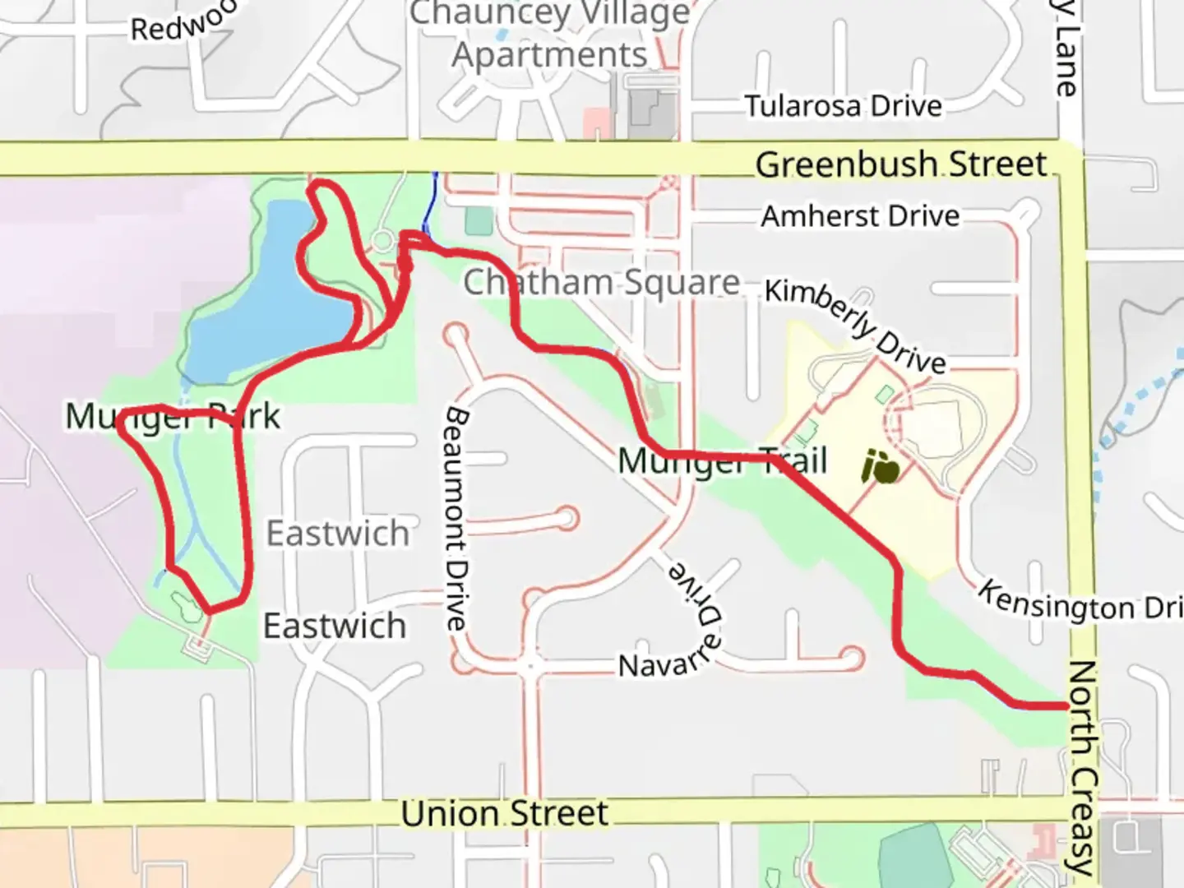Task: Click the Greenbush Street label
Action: (x=900, y=164)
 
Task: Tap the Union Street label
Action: (x=504, y=814)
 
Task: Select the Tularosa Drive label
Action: (x=843, y=106)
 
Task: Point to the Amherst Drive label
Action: (x=860, y=216)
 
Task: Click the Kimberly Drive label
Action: (x=855, y=326)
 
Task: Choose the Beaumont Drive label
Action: (x=457, y=518)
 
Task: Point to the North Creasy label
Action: (x=1085, y=769)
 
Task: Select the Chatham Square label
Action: (x=601, y=283)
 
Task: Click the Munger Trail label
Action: (x=722, y=461)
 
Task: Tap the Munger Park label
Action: (x=173, y=417)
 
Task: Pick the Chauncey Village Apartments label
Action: (x=550, y=35)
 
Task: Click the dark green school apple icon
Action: (x=880, y=469)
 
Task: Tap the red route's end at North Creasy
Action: (x=1066, y=705)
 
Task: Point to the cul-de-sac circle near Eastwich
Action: (x=566, y=518)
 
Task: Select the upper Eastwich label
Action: (x=337, y=534)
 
